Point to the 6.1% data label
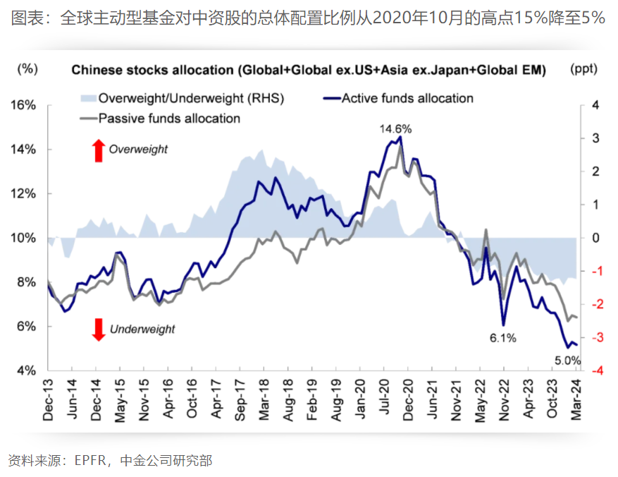pos(503,338)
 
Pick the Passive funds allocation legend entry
pos(160,119)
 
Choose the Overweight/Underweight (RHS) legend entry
pos(182,98)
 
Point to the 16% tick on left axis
pos(24,105)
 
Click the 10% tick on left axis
pos(24,238)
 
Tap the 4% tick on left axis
pos(27,370)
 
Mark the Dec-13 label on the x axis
pos(48,401)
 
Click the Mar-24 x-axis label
pos(576,401)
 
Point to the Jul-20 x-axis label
pos(384,401)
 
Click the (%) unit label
pos(27,69)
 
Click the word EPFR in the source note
pos(89,461)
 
